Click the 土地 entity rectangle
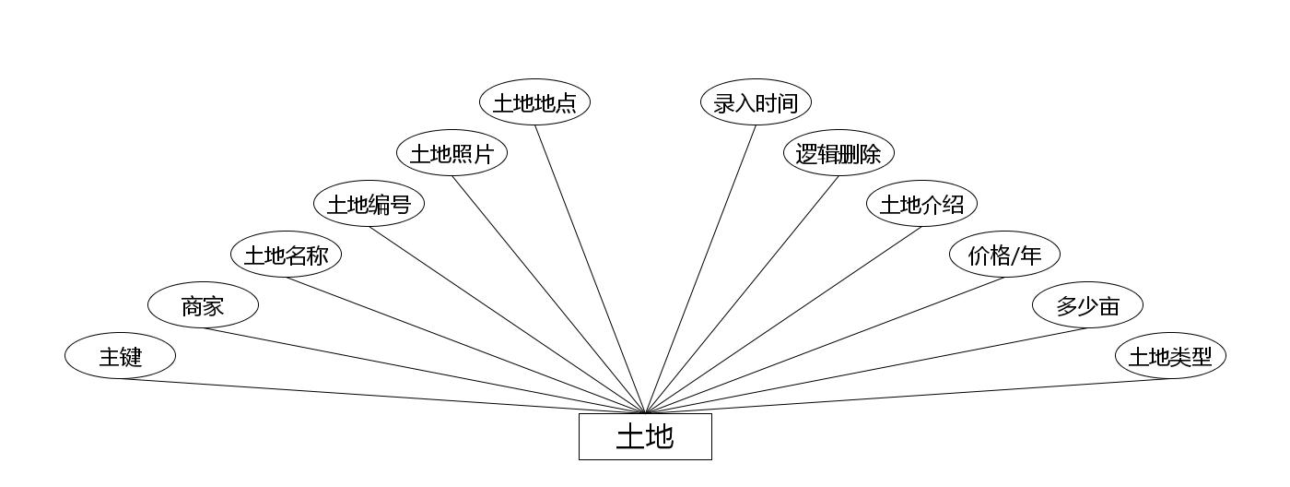[x=645, y=436]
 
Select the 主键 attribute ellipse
[x=120, y=356]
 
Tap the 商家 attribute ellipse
[x=203, y=305]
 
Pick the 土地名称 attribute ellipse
[x=286, y=255]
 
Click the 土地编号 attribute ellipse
[x=369, y=204]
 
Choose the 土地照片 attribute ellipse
[x=451, y=153]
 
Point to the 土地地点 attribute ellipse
[x=534, y=102]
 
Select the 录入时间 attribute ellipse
[x=756, y=102]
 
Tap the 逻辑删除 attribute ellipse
[x=838, y=153]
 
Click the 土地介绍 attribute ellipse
[x=921, y=204]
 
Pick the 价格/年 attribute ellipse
[x=1004, y=255]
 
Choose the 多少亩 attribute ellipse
[x=1087, y=305]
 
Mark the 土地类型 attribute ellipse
[x=1170, y=356]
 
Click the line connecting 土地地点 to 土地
[x=590, y=269]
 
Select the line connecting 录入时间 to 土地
[x=700, y=269]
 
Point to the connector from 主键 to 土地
[x=382, y=397]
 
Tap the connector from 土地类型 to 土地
[x=908, y=397]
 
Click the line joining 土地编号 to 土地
[x=507, y=320]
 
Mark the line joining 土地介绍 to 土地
[x=783, y=320]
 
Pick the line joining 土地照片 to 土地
[x=548, y=294]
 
